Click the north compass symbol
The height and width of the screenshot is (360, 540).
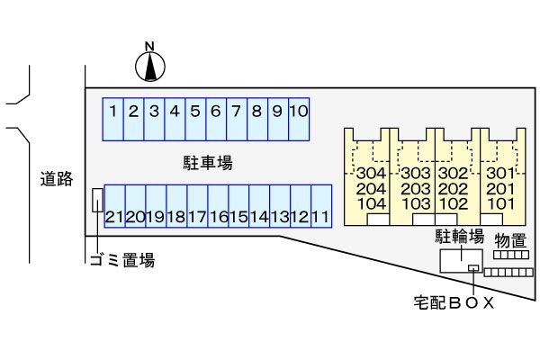coord(151,64)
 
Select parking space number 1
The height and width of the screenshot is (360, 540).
coord(112,118)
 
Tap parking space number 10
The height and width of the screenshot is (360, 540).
coord(299,118)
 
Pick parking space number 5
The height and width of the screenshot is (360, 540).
coord(195,118)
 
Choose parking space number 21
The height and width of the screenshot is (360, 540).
coord(114,209)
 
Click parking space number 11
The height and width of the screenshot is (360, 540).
coord(320,209)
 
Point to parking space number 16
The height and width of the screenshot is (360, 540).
coord(218,209)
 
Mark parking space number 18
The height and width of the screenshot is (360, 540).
coord(176,209)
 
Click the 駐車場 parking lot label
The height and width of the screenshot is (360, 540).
coord(208,163)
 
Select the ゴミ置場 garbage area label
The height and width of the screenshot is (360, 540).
coord(121,261)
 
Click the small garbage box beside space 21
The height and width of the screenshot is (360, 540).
coord(96,201)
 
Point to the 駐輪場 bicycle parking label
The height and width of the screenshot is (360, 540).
coord(461,237)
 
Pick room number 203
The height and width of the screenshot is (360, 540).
coord(415,189)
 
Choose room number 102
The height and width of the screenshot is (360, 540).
coord(455,204)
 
